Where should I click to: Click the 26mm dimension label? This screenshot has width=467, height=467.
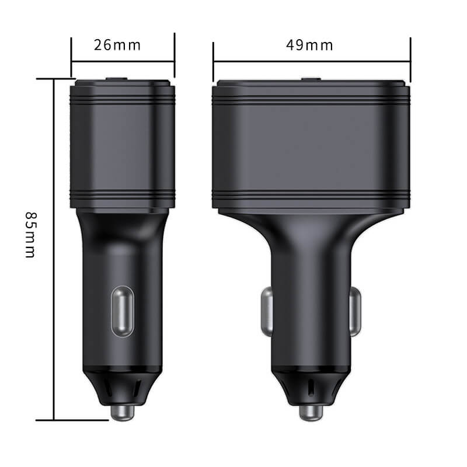click(117, 45)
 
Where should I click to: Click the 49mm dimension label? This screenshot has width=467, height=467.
click(309, 45)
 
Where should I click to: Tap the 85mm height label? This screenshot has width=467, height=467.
click(30, 234)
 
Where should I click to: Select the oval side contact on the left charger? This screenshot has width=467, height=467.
click(122, 311)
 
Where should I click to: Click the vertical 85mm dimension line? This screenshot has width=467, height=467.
click(54, 245)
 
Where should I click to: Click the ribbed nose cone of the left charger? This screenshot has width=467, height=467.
click(122, 385)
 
